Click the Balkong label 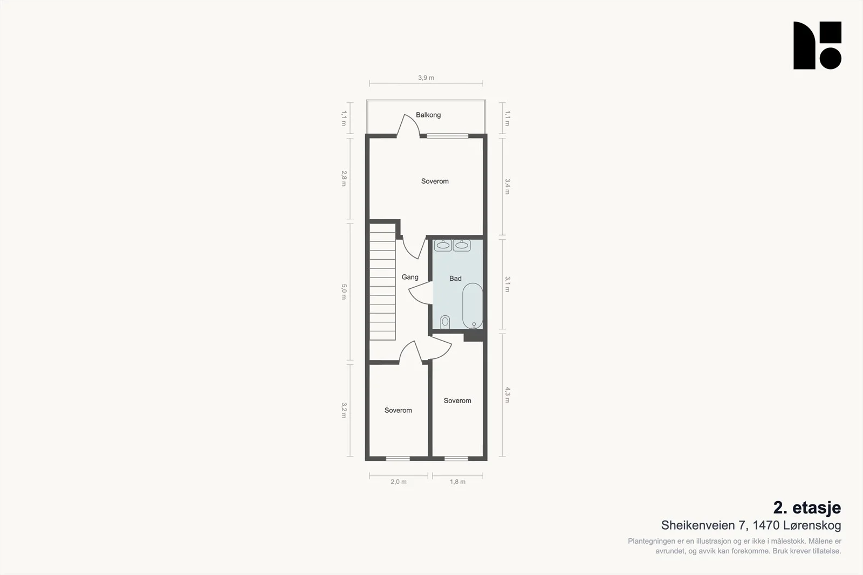click(428, 115)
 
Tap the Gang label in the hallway click(410, 277)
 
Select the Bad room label click(455, 278)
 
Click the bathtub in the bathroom click(472, 306)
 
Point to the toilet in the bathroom click(445, 322)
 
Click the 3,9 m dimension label click(426, 78)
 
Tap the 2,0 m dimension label click(399, 481)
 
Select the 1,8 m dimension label click(458, 481)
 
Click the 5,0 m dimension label click(344, 292)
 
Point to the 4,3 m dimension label click(508, 395)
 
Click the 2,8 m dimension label click(344, 178)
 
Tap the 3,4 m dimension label click(508, 186)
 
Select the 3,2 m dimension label click(344, 410)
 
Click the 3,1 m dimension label click(508, 284)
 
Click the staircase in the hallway click(382, 282)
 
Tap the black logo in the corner click(817, 45)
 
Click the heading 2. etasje click(807, 508)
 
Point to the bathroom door click(420, 293)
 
